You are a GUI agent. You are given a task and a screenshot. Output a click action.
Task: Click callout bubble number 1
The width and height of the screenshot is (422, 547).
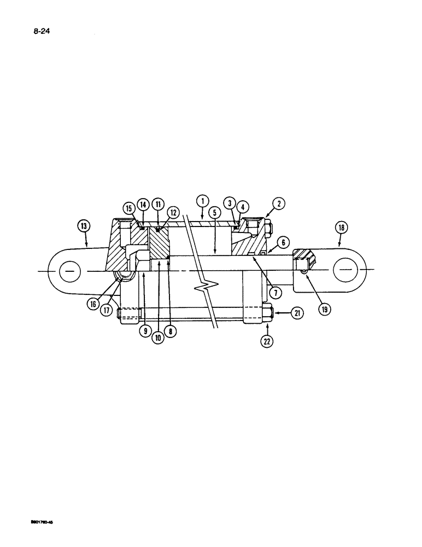202,201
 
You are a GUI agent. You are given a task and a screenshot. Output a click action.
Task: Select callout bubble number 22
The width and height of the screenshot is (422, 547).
267,342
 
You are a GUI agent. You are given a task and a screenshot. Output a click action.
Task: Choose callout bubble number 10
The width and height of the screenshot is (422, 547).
158,337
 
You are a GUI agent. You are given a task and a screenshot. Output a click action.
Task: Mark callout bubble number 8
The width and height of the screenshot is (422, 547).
172,331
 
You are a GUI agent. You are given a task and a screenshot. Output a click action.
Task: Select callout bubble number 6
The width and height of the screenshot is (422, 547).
283,242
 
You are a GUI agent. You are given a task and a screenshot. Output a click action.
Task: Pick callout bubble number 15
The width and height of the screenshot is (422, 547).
129,208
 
